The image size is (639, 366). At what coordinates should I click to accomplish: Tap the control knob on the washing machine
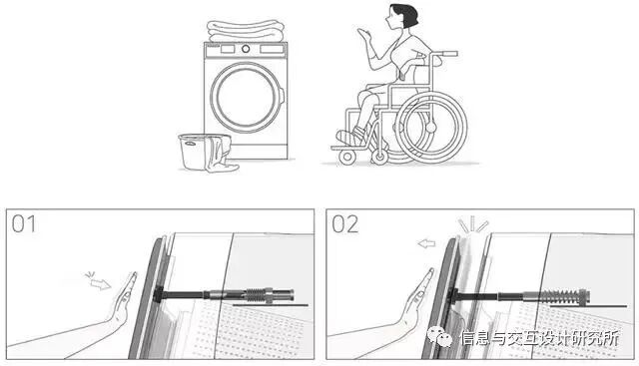click(246, 49)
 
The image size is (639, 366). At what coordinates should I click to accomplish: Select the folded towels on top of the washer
click(246, 31)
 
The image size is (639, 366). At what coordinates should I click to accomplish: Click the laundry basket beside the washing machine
click(200, 152)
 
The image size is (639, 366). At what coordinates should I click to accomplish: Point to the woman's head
click(402, 17)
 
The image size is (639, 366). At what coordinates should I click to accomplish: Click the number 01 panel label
click(24, 224)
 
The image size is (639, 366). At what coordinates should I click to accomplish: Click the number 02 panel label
click(344, 224)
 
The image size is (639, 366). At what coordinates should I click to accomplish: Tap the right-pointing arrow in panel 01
click(100, 284)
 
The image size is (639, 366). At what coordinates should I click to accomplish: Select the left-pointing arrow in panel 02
click(426, 244)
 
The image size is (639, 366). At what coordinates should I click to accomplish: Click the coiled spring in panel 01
click(255, 294)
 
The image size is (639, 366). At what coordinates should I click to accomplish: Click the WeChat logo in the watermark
click(439, 337)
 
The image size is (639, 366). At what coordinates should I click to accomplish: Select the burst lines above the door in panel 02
click(472, 224)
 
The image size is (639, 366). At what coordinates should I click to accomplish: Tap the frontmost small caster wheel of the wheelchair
click(347, 157)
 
